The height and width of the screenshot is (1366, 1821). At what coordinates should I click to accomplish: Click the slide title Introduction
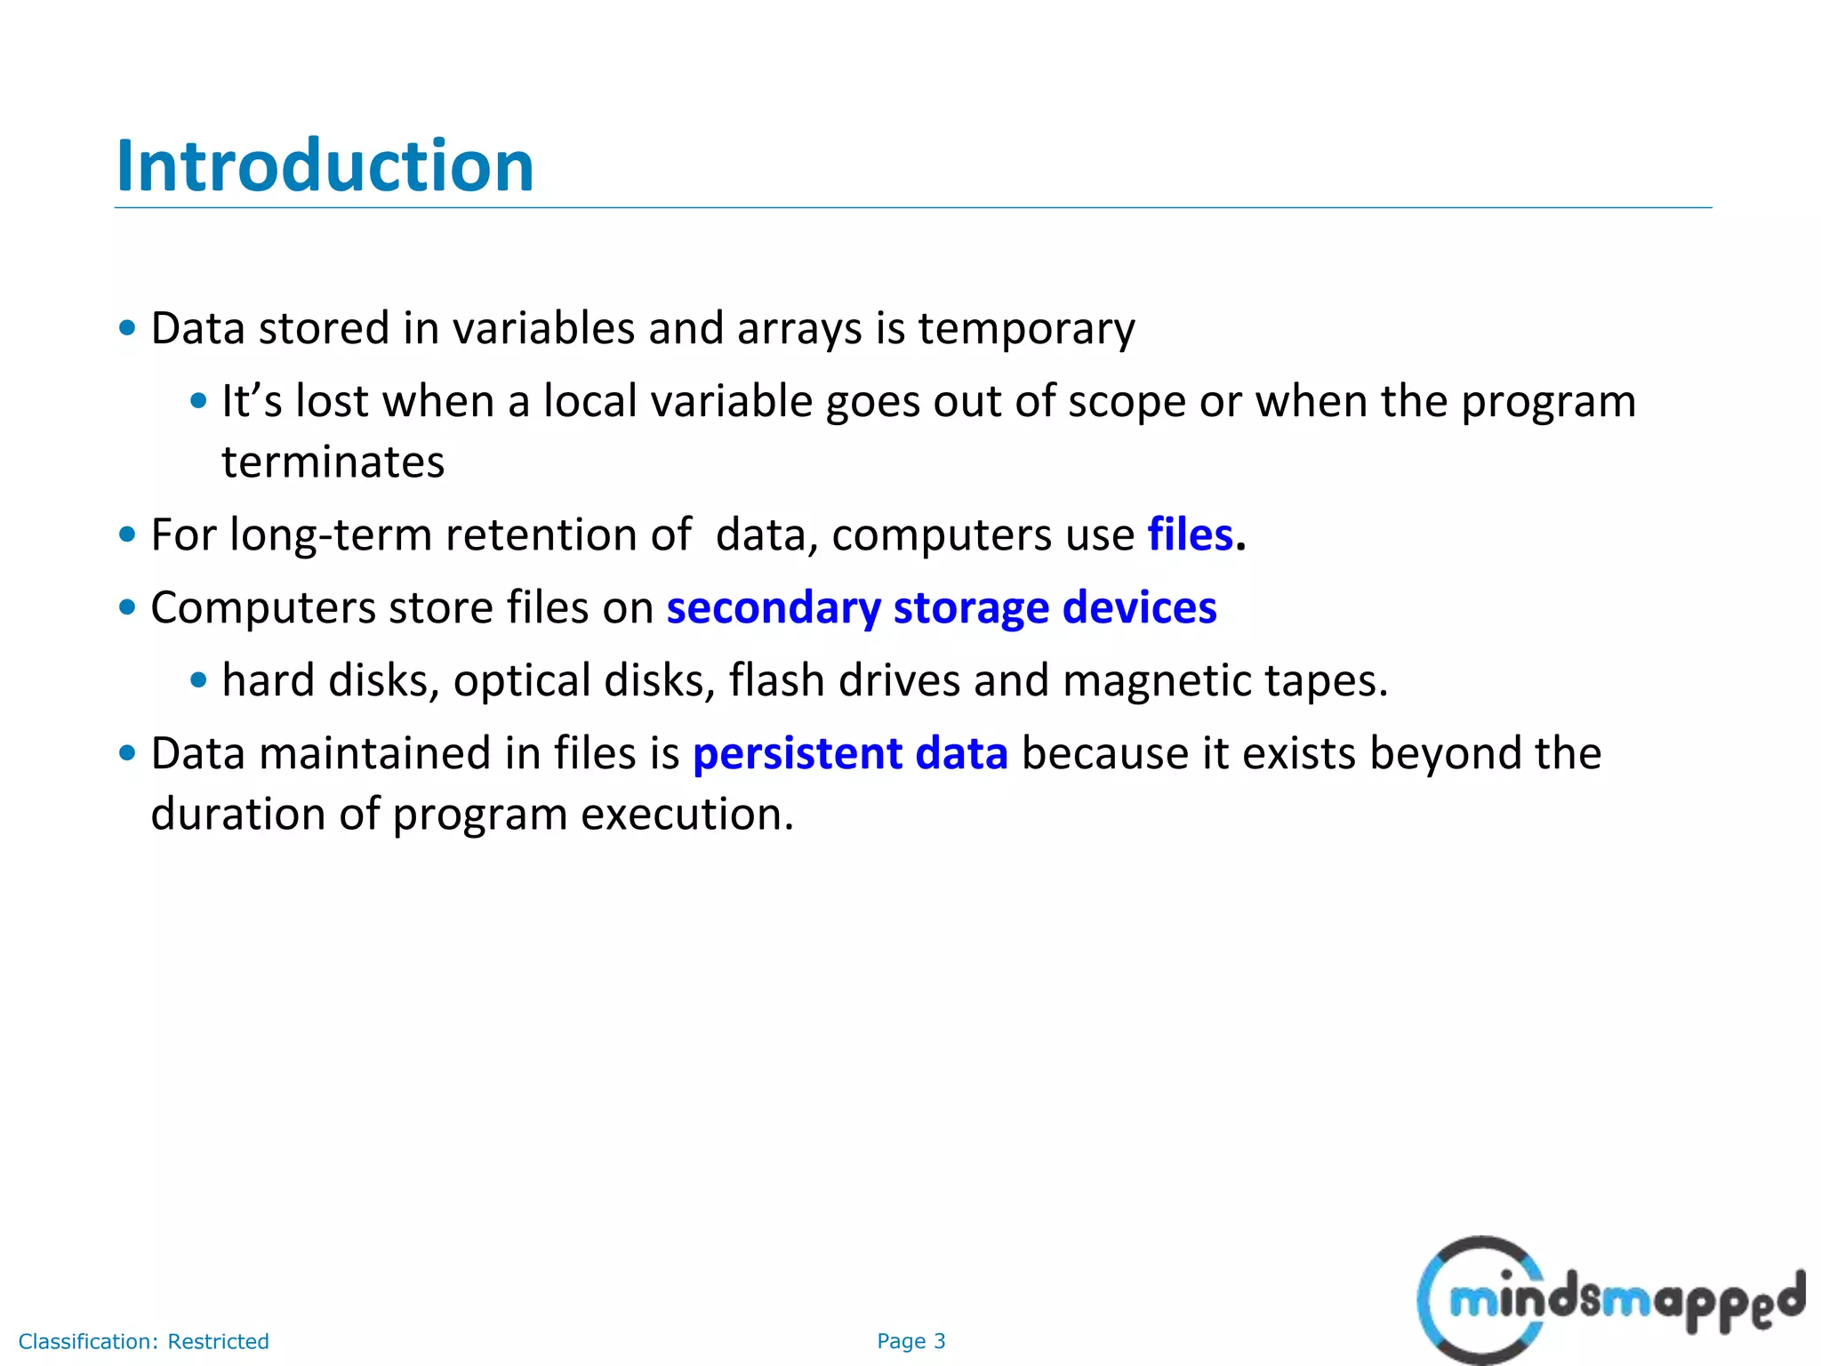[325, 166]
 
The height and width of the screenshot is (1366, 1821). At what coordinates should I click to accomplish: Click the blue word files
[1190, 535]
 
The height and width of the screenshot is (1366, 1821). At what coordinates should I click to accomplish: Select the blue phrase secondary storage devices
[941, 608]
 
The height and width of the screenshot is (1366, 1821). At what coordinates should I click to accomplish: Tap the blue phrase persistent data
[850, 754]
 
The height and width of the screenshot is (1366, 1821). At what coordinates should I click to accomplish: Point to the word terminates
[333, 462]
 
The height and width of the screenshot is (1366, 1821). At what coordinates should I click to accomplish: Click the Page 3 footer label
[910, 1341]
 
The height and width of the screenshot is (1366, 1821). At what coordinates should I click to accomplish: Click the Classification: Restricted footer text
[143, 1341]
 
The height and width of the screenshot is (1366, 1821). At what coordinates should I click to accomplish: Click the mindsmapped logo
[1609, 1301]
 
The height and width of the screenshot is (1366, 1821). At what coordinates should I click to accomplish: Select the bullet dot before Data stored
[127, 328]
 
